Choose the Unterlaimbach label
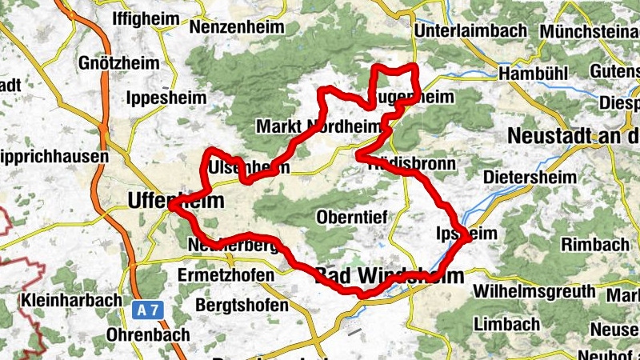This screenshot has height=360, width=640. [472, 30]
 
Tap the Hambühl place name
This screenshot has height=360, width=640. [532, 74]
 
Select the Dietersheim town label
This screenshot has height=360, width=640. [532, 174]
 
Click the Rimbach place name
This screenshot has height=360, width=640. [594, 243]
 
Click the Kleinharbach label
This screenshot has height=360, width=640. [69, 302]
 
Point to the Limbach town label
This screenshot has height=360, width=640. [506, 324]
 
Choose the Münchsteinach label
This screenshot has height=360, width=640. [590, 30]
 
